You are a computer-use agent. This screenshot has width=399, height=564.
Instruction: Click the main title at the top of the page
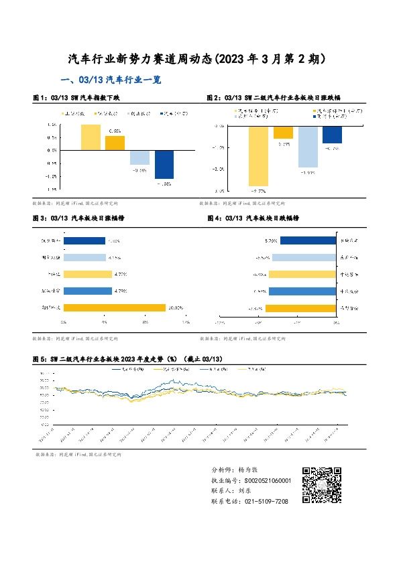coord(198,59)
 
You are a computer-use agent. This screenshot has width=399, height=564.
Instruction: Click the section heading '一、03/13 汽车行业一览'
coord(111,80)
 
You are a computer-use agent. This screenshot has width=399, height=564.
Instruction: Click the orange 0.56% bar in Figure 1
coord(115,143)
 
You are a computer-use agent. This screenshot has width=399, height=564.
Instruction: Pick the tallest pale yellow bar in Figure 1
coord(91,137)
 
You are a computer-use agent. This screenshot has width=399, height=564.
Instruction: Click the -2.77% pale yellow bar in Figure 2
coord(258,155)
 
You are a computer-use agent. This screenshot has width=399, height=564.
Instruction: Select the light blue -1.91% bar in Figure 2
coord(308,146)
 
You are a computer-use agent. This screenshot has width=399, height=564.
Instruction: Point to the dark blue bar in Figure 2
coord(332,134)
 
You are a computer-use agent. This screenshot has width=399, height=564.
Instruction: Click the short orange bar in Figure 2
coord(283,132)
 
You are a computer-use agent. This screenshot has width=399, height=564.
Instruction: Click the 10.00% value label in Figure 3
coord(176,307)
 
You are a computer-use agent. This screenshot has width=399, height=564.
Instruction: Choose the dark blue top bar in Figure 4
coord(298,240)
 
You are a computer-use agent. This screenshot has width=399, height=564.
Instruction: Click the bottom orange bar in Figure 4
coord(300,308)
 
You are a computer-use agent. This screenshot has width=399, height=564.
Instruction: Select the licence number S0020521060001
coord(258,481)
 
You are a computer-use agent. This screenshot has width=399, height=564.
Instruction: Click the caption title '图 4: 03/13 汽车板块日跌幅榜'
coord(253,218)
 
